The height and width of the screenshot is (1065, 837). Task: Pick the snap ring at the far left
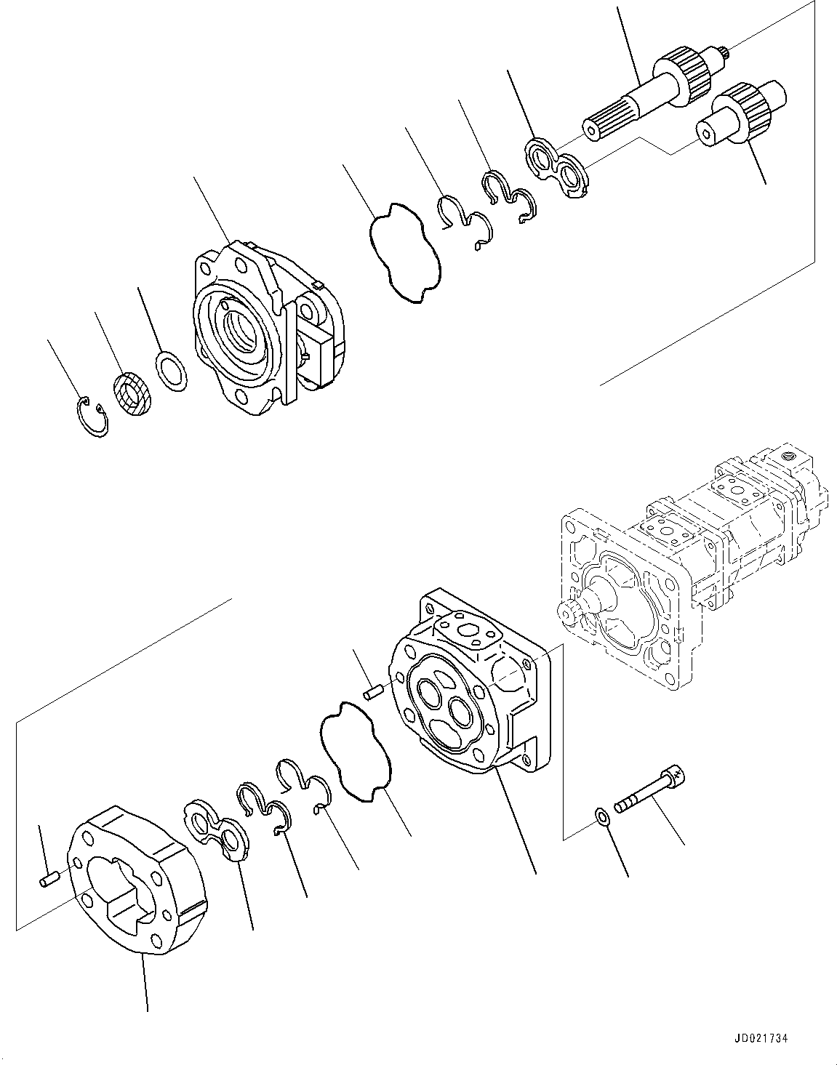92,417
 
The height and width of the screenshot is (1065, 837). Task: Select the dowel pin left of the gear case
49,881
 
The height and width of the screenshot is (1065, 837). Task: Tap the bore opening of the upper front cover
237,324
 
